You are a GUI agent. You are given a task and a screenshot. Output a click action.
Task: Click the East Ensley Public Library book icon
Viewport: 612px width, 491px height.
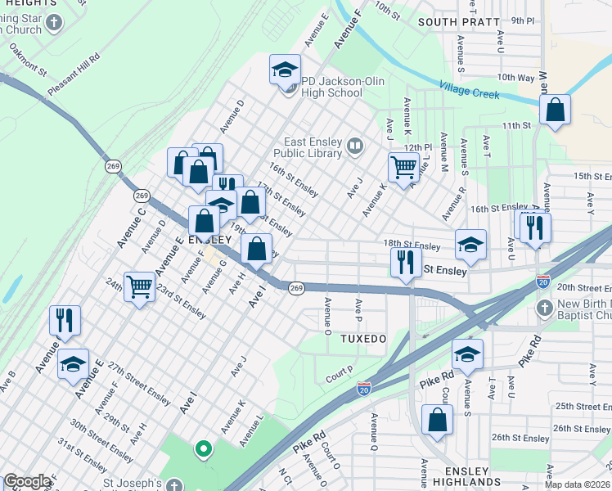coord(354,146)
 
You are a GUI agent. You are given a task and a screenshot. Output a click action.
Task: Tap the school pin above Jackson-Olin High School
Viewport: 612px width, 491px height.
coord(285,71)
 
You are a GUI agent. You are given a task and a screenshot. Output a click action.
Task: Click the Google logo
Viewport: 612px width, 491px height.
coord(27,481)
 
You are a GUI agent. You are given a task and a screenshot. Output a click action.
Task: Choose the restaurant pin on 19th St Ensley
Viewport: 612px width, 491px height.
coord(406,265)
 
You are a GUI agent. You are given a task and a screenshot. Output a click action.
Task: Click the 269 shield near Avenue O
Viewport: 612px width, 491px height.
coord(296,287)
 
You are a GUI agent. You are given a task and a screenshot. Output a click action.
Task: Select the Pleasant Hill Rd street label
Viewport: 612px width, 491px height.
coord(74,75)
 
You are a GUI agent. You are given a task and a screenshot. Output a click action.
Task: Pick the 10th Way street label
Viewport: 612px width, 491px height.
coord(515,78)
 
